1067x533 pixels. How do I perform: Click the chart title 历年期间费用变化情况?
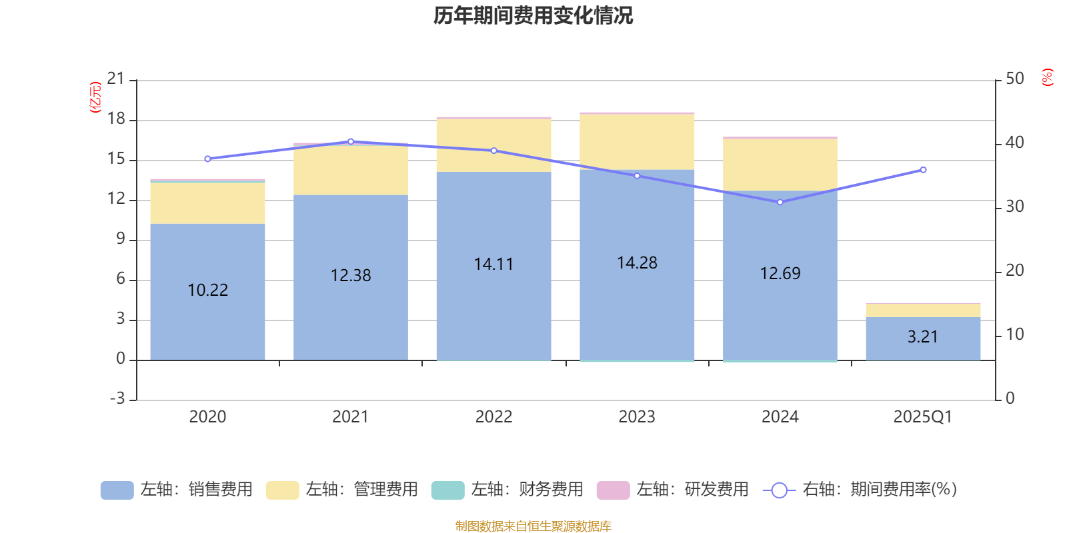pyautogui.click(x=533, y=15)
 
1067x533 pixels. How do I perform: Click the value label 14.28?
pyautogui.click(x=637, y=263)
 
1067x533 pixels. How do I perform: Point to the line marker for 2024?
pyautogui.click(x=780, y=202)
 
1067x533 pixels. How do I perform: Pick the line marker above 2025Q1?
pyautogui.click(x=923, y=170)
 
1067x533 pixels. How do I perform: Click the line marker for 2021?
pyautogui.click(x=351, y=141)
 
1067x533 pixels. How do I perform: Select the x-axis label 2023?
pyautogui.click(x=637, y=417)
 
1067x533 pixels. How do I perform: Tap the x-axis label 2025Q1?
pyautogui.click(x=922, y=417)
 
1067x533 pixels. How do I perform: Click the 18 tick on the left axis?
pyautogui.click(x=116, y=119)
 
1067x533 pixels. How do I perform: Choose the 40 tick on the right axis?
pyautogui.click(x=1014, y=143)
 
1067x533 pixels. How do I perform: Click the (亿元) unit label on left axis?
pyautogui.click(x=95, y=97)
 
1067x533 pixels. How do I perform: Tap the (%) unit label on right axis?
pyautogui.click(x=1048, y=77)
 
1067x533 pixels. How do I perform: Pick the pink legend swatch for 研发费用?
pyautogui.click(x=613, y=490)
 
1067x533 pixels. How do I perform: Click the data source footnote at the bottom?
pyautogui.click(x=533, y=526)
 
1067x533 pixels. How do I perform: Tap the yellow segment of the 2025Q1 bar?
pyautogui.click(x=923, y=310)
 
